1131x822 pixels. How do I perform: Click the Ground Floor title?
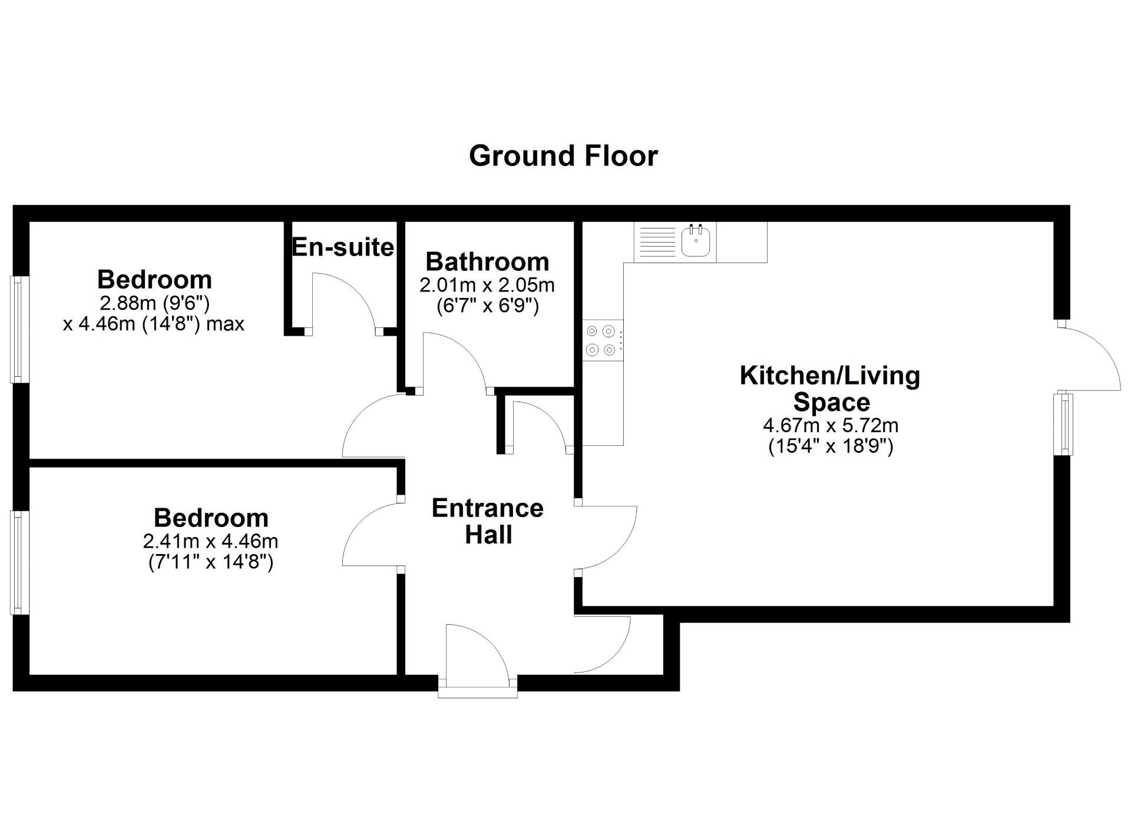coord(563,156)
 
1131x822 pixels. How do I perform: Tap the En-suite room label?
coord(343,247)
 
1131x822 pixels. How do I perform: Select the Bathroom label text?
coord(487,261)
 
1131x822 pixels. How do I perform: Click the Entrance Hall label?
coord(488,521)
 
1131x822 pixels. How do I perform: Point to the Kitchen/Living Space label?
coord(831,389)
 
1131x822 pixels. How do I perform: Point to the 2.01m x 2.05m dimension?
coord(487,286)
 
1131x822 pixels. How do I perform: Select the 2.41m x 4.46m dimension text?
coord(210,541)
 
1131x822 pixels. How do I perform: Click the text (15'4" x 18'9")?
coord(831,446)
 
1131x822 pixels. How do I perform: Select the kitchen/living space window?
coord(1064,425)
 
